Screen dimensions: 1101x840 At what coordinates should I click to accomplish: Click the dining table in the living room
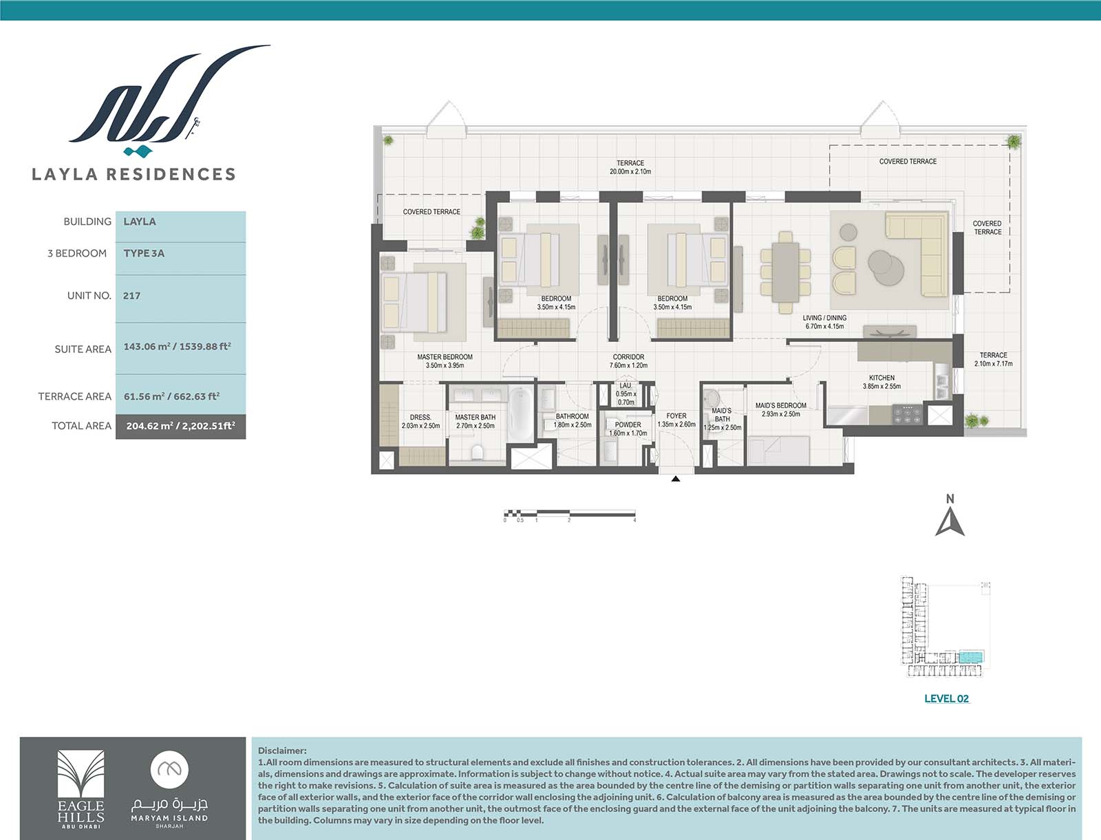pyautogui.click(x=786, y=272)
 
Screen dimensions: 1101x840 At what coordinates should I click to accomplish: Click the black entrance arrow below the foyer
pyautogui.click(x=676, y=479)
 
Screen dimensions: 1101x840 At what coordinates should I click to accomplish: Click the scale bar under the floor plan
pyautogui.click(x=570, y=513)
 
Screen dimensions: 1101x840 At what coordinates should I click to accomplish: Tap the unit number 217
pyautogui.click(x=131, y=296)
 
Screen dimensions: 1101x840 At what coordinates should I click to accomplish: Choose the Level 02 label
pyautogui.click(x=946, y=698)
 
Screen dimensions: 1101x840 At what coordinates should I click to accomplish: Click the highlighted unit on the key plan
pyautogui.click(x=971, y=657)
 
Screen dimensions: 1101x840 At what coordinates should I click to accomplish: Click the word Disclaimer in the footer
pyautogui.click(x=282, y=751)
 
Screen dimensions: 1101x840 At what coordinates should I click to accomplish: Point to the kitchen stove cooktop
pyautogui.click(x=907, y=414)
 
